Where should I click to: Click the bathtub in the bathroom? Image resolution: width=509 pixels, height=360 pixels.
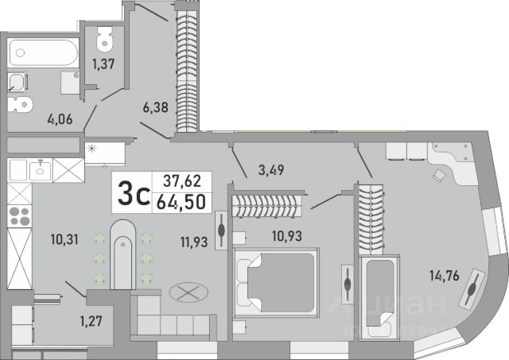[x=44, y=54]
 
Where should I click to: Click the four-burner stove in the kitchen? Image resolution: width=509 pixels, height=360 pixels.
[x=19, y=215]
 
